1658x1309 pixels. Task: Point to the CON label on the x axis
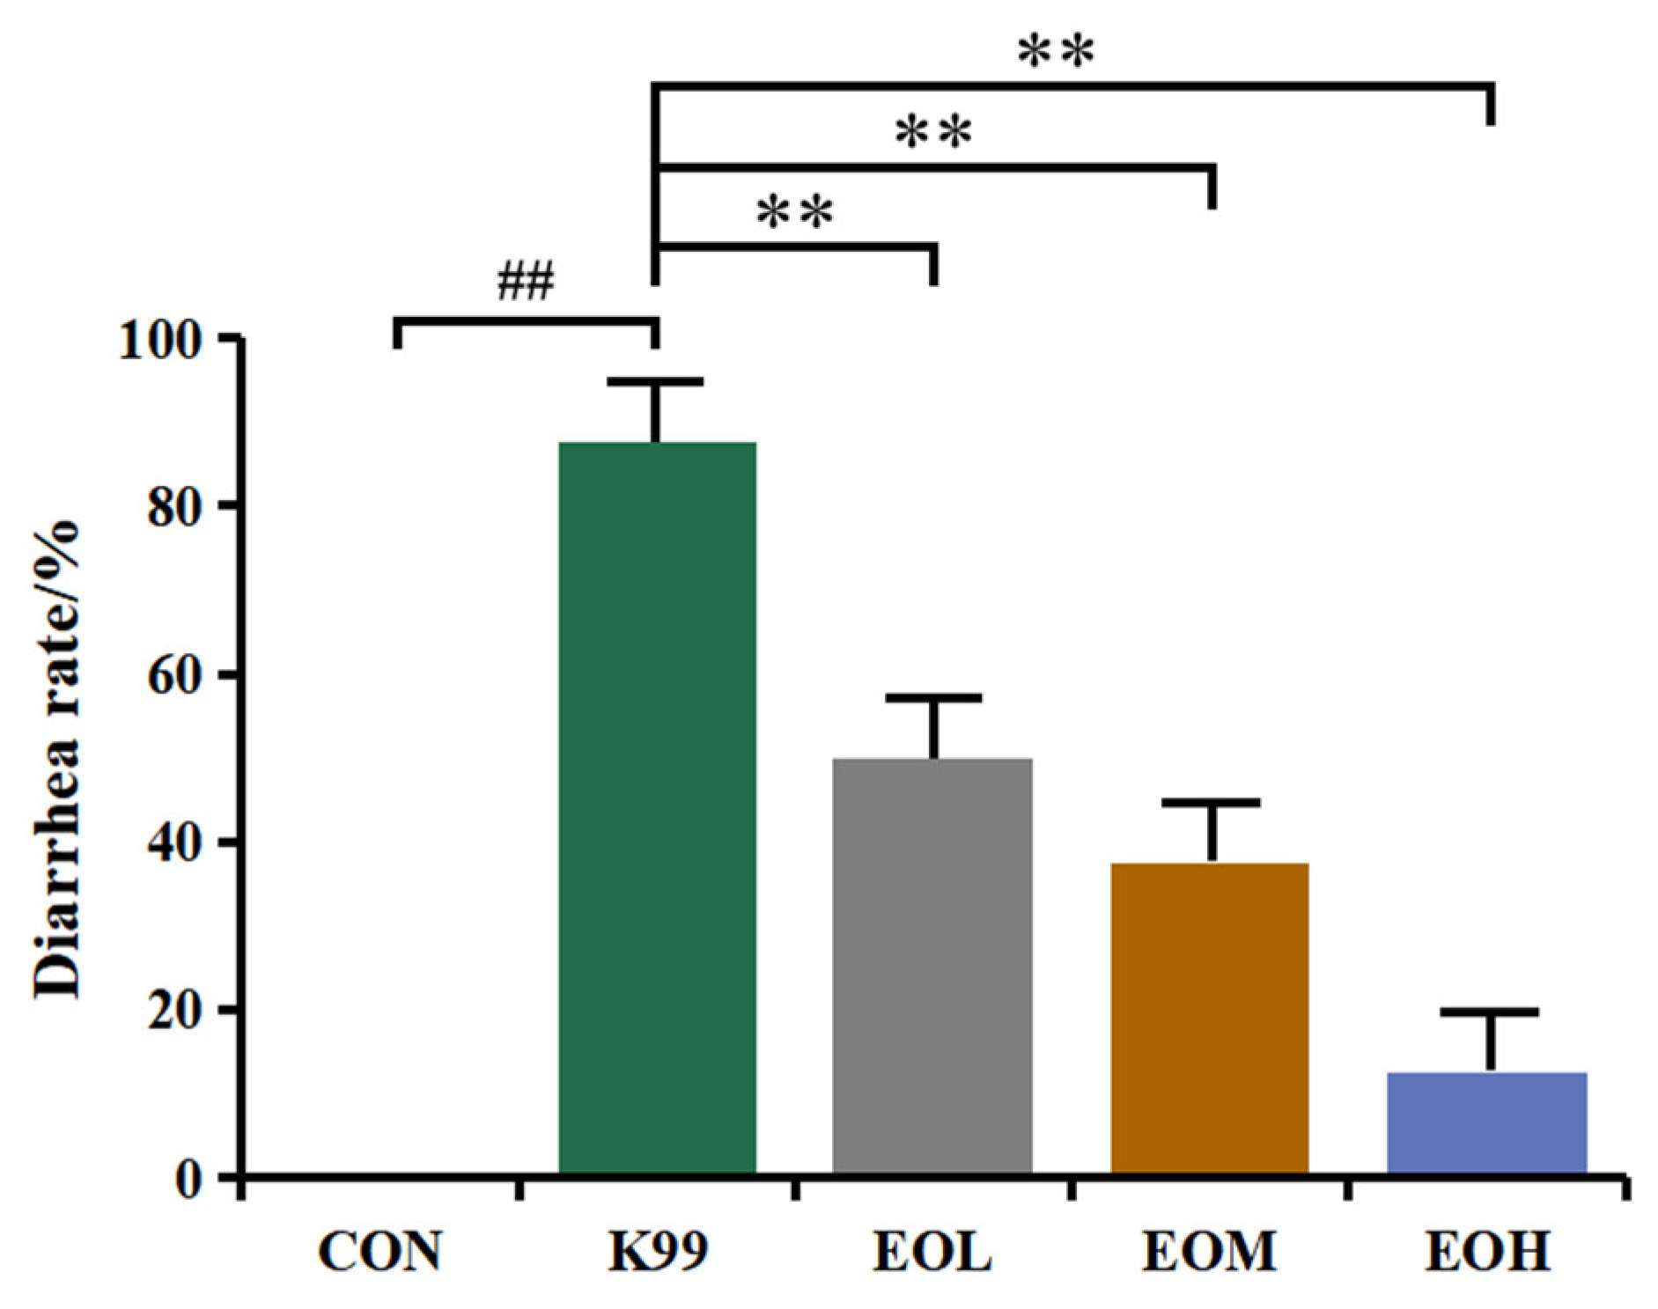pos(379,1251)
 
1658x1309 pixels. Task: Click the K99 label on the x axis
pos(658,1251)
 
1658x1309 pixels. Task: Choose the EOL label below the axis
pos(932,1251)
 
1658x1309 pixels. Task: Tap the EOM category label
pos(1209,1251)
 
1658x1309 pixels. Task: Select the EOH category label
pos(1487,1251)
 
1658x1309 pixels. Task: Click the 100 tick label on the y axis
pos(168,340)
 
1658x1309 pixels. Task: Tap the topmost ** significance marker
pos(1056,53)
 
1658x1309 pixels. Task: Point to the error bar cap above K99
pos(656,381)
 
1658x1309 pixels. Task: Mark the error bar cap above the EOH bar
pos(1489,1012)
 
